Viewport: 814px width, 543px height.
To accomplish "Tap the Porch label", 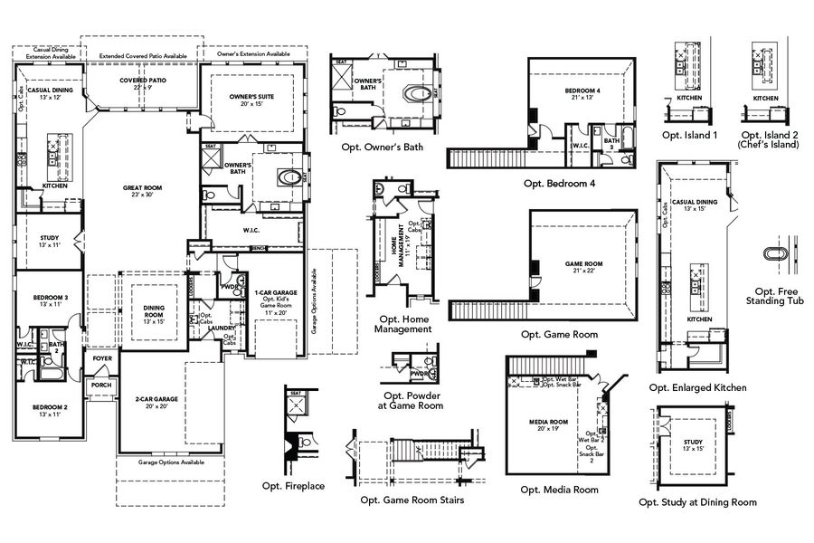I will tap(99, 385).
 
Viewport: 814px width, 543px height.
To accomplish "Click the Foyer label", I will tap(102, 359).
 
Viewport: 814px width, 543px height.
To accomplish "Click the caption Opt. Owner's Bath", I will tap(382, 147).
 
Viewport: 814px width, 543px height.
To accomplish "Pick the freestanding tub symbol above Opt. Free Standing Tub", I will tap(777, 256).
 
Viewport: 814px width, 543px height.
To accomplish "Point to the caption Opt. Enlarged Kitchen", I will tap(697, 387).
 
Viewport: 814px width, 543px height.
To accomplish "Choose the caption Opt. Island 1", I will tap(689, 135).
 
